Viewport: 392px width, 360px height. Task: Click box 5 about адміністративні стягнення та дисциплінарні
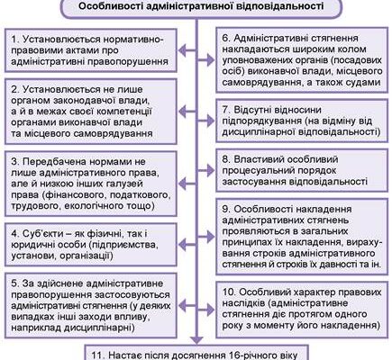[x=94, y=302]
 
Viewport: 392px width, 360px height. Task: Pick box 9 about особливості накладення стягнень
[x=297, y=232]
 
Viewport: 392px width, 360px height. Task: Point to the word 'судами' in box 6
[x=353, y=78]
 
